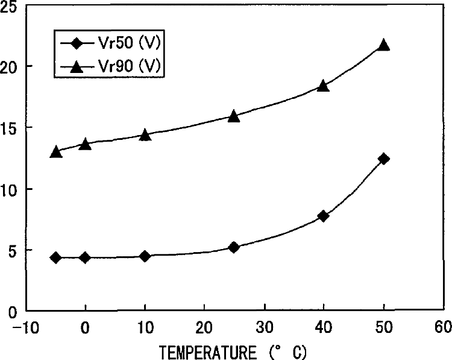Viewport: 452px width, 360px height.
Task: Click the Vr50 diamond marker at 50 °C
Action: point(383,159)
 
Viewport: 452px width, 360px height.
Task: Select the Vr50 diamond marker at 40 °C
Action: point(324,216)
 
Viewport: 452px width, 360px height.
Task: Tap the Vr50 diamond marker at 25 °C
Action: point(234,247)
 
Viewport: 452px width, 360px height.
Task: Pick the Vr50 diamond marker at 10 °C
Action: point(145,256)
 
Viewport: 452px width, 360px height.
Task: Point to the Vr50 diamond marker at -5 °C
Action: point(55,257)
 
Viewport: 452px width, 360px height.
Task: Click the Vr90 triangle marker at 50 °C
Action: point(383,45)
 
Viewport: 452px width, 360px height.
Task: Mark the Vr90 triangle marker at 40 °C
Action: point(324,86)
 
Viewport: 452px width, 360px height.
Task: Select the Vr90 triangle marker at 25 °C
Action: point(234,116)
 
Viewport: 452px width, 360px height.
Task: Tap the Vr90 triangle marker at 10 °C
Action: point(145,134)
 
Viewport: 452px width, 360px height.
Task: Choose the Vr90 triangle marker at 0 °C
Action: point(85,144)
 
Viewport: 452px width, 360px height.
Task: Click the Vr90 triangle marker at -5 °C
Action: point(55,151)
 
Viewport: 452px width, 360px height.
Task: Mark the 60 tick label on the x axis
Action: point(443,327)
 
